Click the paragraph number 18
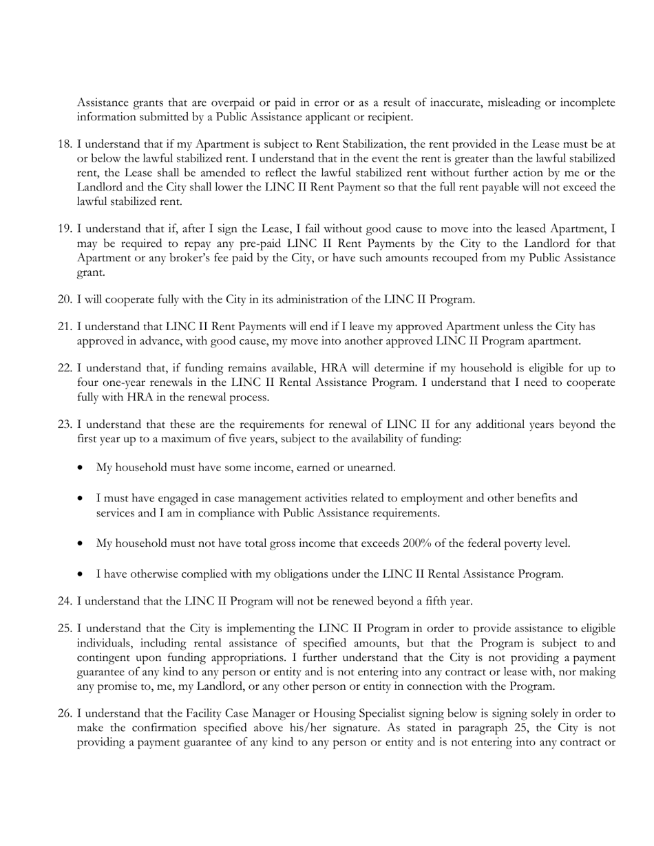(64, 144)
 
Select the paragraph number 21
(64, 327)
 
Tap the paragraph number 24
(64, 601)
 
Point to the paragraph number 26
(64, 714)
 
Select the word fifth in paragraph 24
(433, 601)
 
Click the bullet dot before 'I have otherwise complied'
(82, 574)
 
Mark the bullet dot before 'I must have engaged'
(82, 498)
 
